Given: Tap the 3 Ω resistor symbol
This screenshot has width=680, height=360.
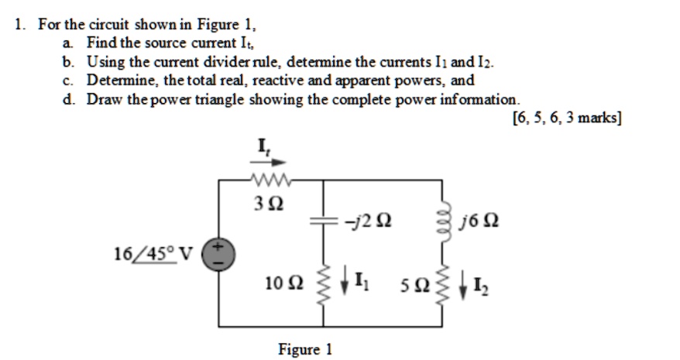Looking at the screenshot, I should (267, 182).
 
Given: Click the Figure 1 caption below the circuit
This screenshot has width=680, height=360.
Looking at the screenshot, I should (305, 349).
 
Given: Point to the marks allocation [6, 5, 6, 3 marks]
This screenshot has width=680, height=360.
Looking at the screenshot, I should (568, 118).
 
